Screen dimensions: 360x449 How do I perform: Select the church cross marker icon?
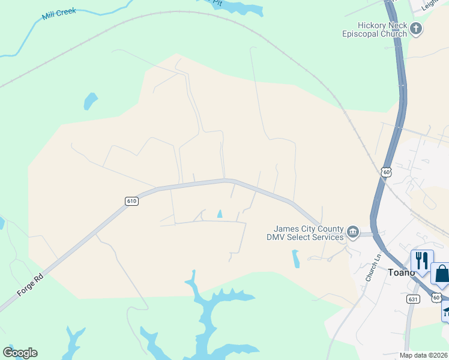416,28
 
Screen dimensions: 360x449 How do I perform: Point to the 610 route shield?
132,201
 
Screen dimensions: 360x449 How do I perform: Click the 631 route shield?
412,299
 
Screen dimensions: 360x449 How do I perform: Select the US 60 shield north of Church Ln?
386,172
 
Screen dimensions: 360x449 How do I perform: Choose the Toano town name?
401,272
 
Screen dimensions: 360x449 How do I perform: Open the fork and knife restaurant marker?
421,260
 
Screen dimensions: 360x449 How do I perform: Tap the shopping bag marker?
441,274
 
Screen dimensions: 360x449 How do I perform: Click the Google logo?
20,353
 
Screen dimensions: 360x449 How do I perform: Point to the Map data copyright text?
424,355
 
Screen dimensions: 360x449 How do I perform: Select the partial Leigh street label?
431,5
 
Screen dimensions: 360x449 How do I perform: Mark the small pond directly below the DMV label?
295,259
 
